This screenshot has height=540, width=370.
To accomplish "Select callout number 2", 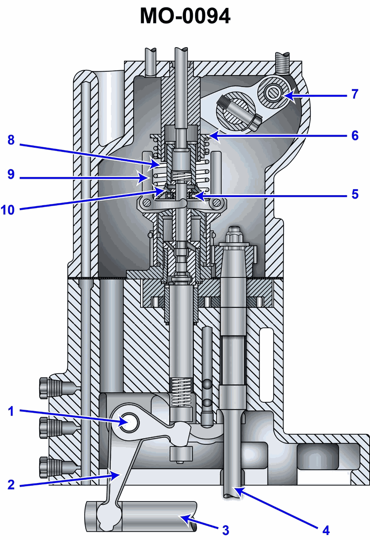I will tap(12, 485).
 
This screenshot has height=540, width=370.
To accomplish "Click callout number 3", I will tap(225, 529).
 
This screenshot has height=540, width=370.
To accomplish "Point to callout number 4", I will tap(326, 529).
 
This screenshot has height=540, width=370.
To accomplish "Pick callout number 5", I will tap(354, 194).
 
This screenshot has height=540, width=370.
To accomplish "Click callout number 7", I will tap(354, 94).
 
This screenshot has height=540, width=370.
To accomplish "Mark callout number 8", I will tap(12, 140).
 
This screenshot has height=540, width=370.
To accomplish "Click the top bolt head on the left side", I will tap(44, 388).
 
